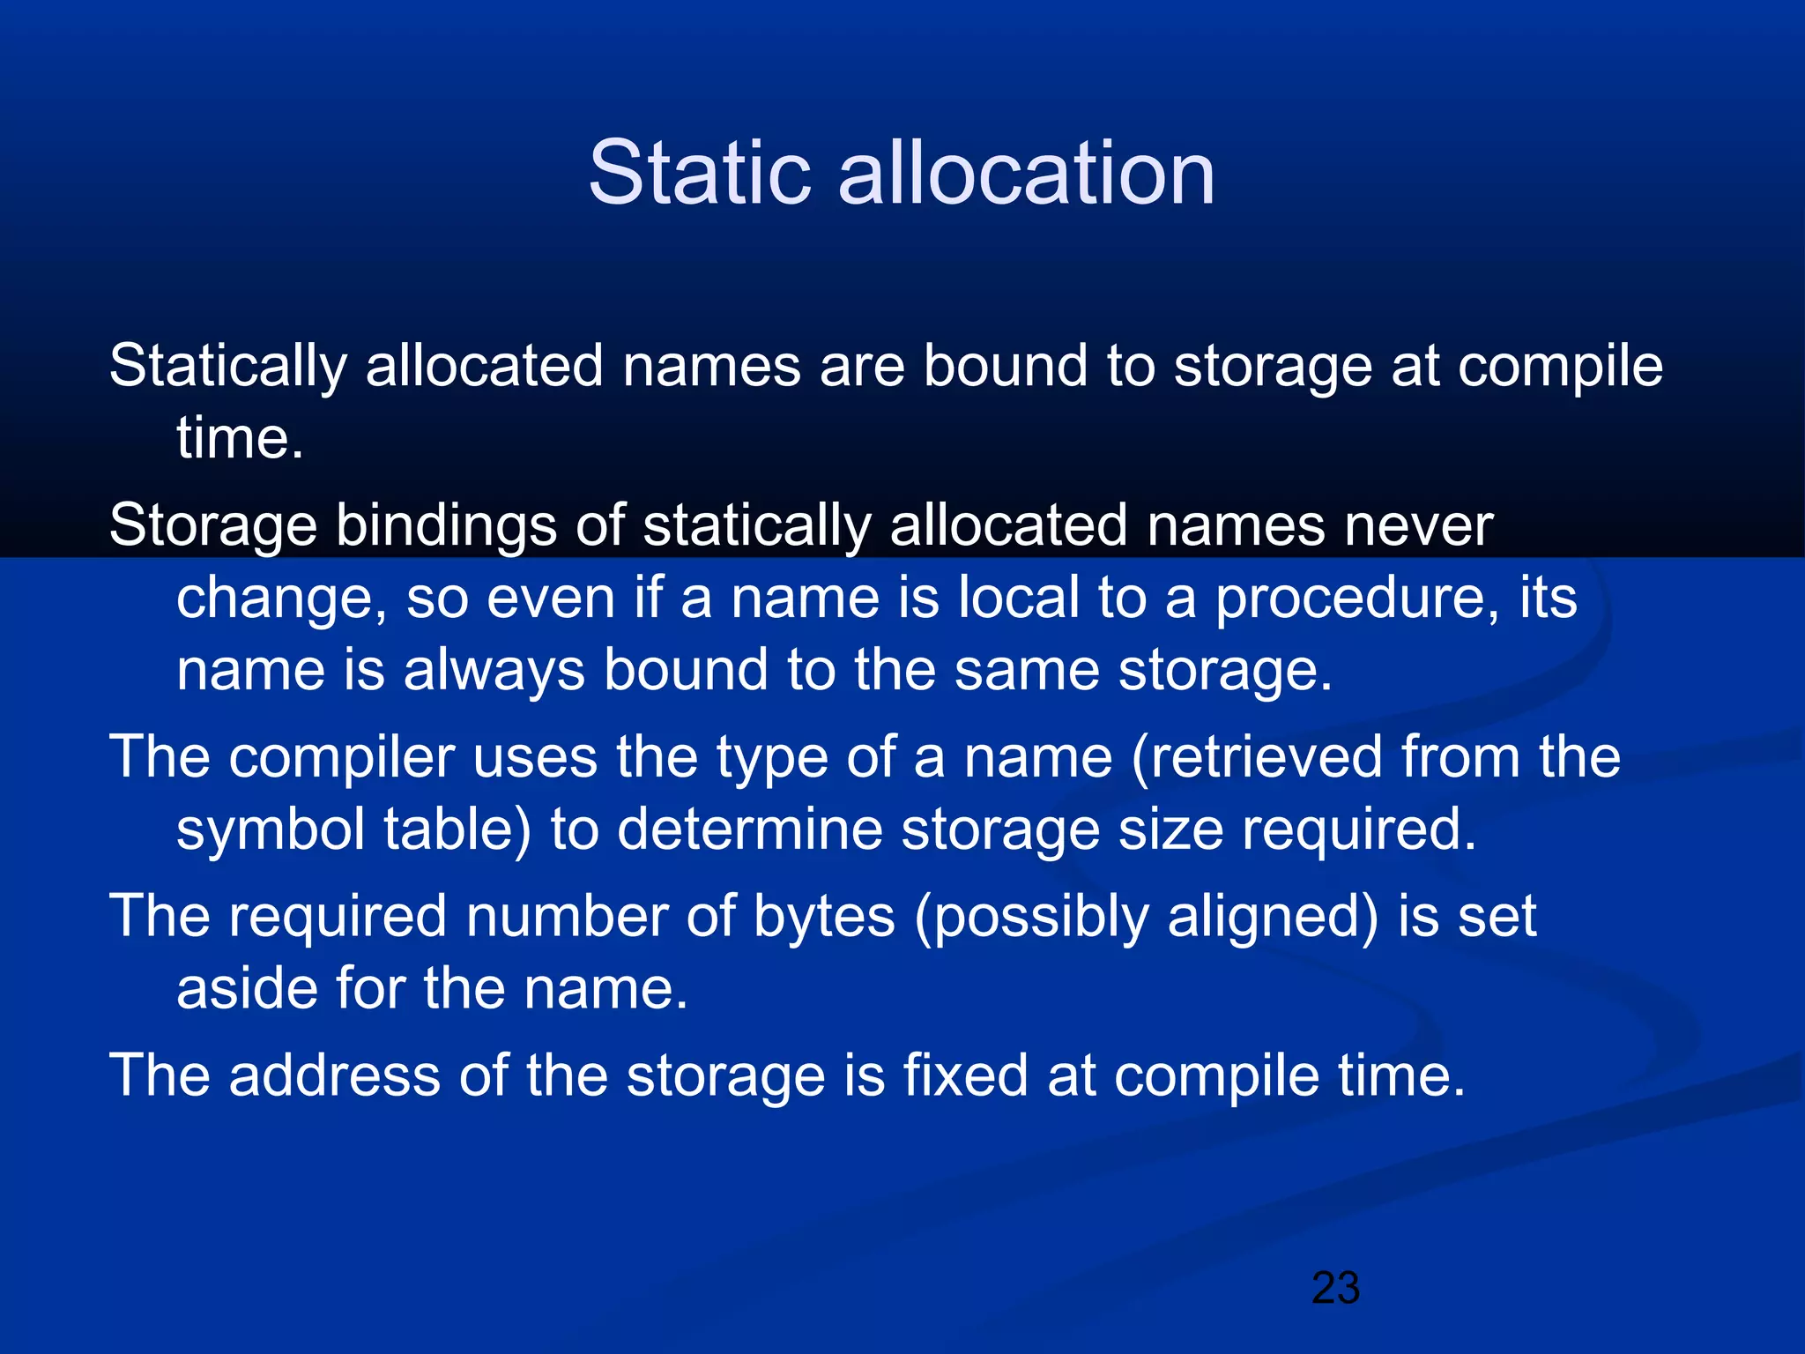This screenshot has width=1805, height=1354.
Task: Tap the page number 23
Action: [x=1335, y=1288]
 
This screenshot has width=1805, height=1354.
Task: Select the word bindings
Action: [x=445, y=526]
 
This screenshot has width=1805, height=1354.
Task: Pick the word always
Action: [x=494, y=670]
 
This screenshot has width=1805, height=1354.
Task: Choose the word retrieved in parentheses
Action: [x=1257, y=757]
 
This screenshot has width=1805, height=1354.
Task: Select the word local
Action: [x=1018, y=598]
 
